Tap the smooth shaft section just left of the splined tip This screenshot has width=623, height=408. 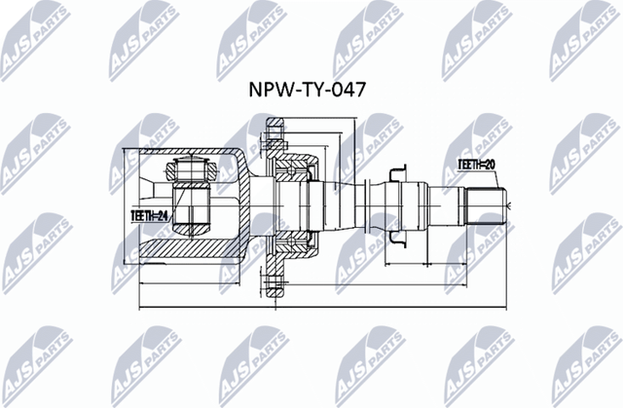tap(443, 206)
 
